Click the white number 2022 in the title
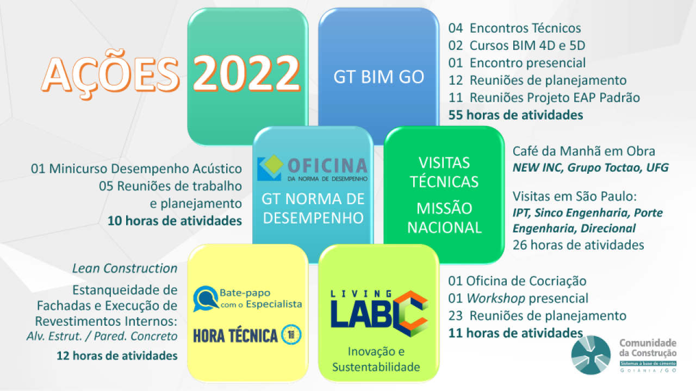(246, 74)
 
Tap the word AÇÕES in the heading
(110, 75)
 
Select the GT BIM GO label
(379, 77)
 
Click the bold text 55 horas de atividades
(516, 115)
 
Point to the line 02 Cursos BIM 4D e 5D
(517, 46)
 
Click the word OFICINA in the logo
(327, 166)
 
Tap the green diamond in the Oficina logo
(273, 163)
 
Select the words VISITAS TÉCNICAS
(444, 172)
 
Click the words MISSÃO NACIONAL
(444, 218)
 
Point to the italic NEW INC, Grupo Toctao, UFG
(591, 168)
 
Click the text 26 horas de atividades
(578, 245)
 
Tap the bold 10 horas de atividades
(175, 221)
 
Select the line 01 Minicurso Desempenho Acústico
(136, 169)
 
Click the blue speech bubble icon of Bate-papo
(206, 299)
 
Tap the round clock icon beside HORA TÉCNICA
(291, 335)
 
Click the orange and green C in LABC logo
(411, 314)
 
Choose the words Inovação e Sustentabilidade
(376, 360)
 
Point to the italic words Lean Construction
(125, 268)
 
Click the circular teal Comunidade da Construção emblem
(591, 355)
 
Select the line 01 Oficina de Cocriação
(517, 281)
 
